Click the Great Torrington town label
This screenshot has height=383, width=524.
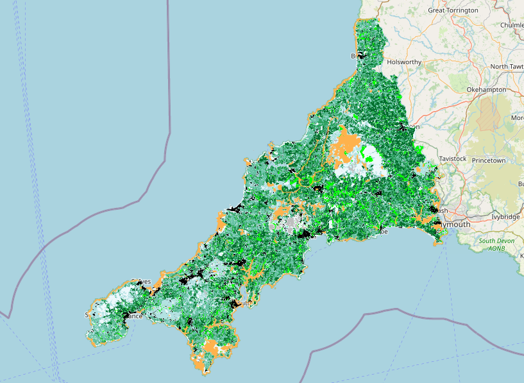click(453, 10)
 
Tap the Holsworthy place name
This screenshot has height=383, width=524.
click(404, 62)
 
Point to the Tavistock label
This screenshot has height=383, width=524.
click(453, 158)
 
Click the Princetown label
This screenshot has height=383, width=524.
click(489, 160)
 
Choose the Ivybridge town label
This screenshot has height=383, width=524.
click(505, 217)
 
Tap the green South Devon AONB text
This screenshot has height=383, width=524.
click(496, 244)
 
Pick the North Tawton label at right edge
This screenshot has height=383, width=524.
click(507, 67)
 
